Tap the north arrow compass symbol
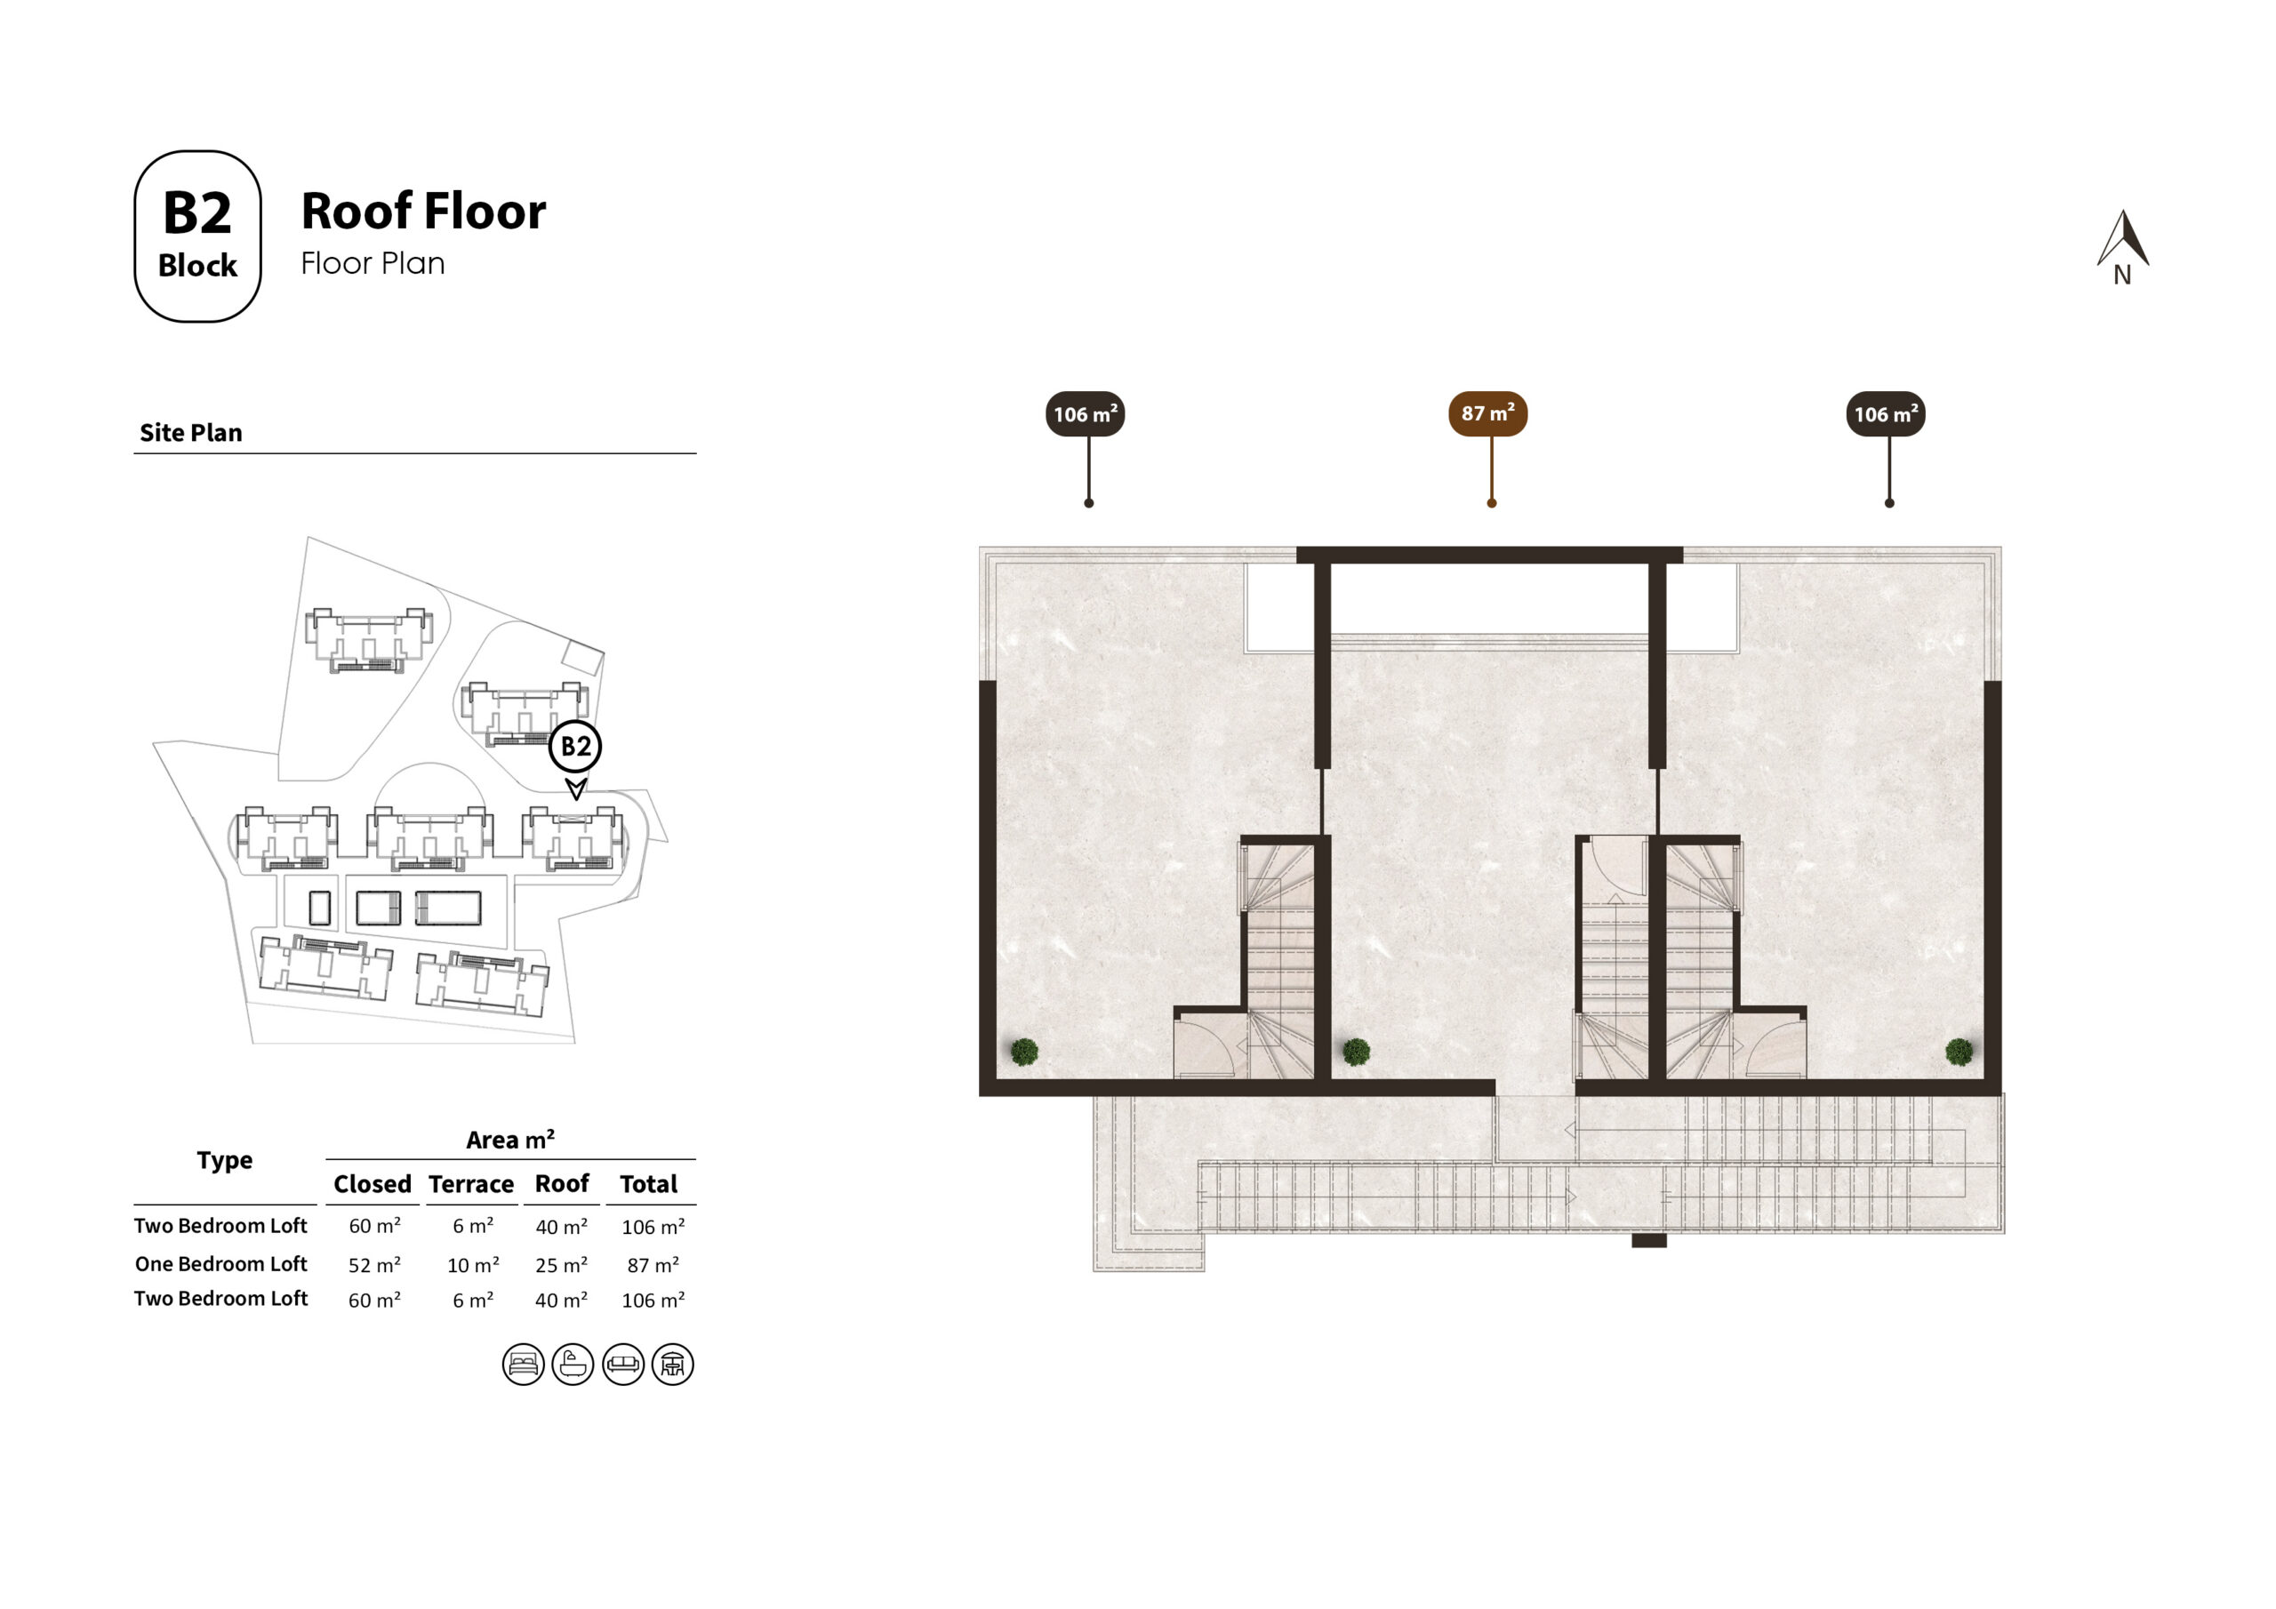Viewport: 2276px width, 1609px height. (2122, 247)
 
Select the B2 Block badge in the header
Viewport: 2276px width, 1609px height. (197, 236)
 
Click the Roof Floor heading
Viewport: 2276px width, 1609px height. (423, 212)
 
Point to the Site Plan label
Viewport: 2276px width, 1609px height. (190, 432)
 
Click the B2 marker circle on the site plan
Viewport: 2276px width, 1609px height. (575, 746)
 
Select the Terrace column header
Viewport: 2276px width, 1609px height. (471, 1184)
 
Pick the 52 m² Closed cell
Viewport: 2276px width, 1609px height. (374, 1265)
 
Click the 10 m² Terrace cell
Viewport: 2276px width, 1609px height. (473, 1265)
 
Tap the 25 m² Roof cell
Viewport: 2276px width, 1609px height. (561, 1265)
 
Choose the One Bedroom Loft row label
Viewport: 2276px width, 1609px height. (221, 1264)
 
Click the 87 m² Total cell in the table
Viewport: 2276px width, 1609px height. (653, 1265)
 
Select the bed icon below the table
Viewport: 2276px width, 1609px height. (524, 1365)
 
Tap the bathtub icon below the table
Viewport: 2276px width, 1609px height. (573, 1365)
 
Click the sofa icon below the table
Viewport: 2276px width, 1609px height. (623, 1365)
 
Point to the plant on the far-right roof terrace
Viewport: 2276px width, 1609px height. (1959, 1052)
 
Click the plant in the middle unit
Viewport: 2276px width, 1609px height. (1356, 1052)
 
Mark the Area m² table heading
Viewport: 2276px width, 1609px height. (510, 1141)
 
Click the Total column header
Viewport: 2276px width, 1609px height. (648, 1184)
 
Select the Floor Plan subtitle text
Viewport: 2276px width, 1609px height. (373, 264)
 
